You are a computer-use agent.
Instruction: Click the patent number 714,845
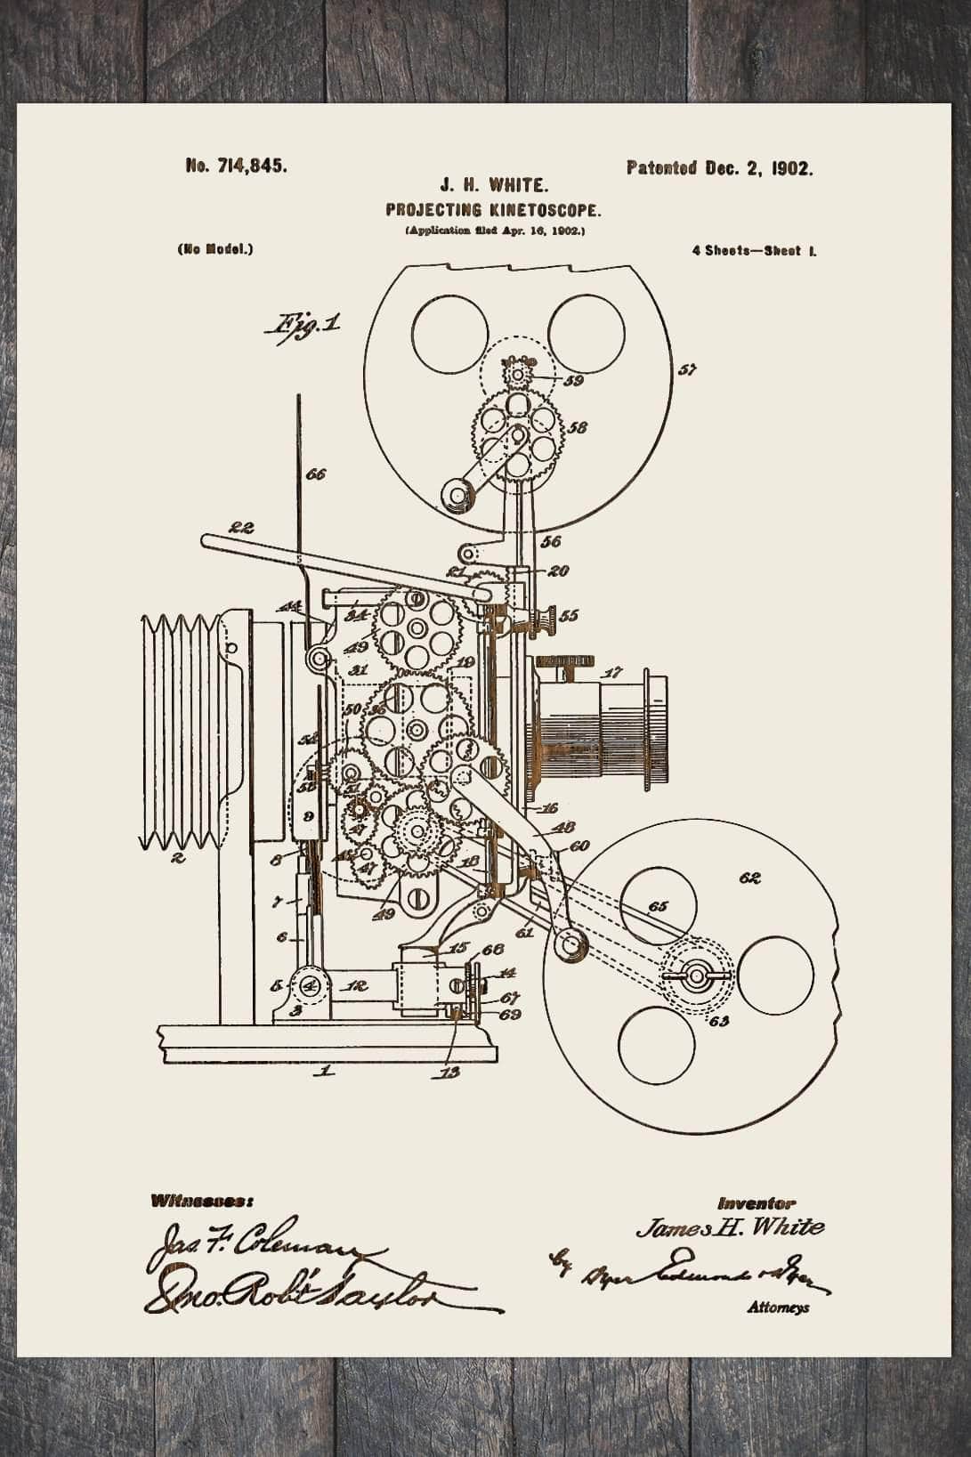(x=236, y=166)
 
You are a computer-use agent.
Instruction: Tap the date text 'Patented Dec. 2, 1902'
(x=719, y=168)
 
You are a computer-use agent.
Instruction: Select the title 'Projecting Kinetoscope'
(x=494, y=211)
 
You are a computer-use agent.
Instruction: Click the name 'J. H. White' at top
(x=494, y=187)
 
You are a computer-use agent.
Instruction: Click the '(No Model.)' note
(x=215, y=250)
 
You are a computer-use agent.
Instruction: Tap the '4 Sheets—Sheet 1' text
(x=755, y=251)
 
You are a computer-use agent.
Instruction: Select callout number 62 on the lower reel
(x=749, y=879)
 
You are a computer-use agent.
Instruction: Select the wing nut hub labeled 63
(x=696, y=975)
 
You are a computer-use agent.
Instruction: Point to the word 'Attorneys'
(x=779, y=1308)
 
